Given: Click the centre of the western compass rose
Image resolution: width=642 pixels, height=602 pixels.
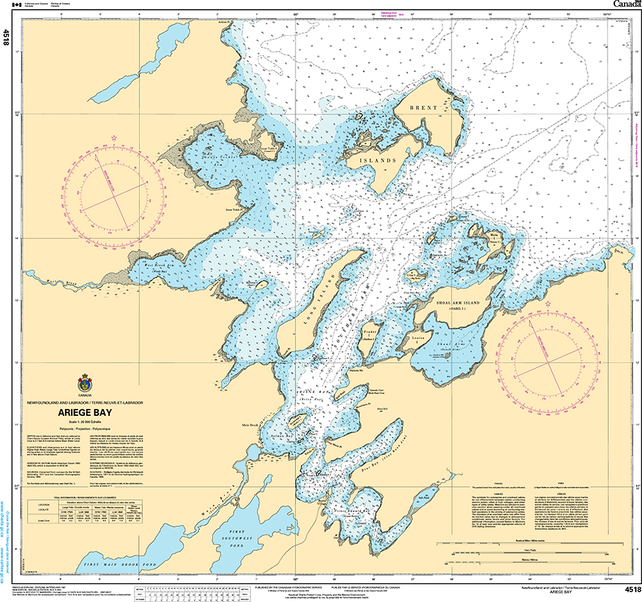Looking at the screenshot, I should [x=115, y=196].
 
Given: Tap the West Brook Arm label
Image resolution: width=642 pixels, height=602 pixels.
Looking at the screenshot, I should [x=164, y=264].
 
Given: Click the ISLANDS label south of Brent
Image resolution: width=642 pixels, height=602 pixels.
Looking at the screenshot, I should [x=377, y=160].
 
